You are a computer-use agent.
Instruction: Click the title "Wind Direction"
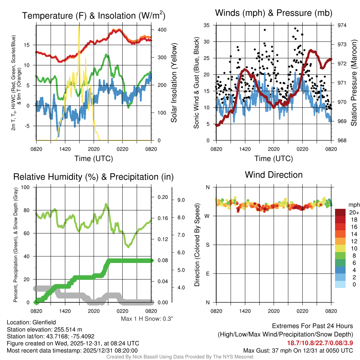274,175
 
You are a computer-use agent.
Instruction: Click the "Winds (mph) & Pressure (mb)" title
274,13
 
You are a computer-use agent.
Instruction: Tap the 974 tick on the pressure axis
342,25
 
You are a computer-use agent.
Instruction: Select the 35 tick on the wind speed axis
207,25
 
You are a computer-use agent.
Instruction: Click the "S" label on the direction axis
207,245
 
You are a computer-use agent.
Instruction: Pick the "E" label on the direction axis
207,274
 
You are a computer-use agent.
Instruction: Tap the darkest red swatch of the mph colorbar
340,212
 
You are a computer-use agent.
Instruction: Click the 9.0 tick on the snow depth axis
181,200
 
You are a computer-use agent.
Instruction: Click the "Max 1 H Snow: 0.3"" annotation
147,319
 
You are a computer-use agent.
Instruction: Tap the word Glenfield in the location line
44,322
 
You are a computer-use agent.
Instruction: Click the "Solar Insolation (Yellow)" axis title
174,83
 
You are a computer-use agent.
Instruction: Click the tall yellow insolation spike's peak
79,25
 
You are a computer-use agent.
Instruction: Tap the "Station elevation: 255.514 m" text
44,329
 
